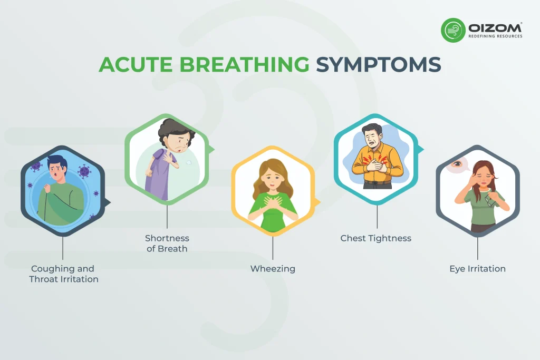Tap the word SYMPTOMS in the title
pyautogui.click(x=378, y=64)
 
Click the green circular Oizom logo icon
pyautogui.click(x=453, y=30)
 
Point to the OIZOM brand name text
pyautogui.click(x=495, y=27)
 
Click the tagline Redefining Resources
pyautogui.click(x=495, y=36)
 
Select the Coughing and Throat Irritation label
pyautogui.click(x=64, y=274)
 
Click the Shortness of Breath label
pyautogui.click(x=167, y=244)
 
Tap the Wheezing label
pyautogui.click(x=273, y=269)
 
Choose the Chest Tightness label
pyautogui.click(x=375, y=238)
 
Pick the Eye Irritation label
pyautogui.click(x=477, y=269)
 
